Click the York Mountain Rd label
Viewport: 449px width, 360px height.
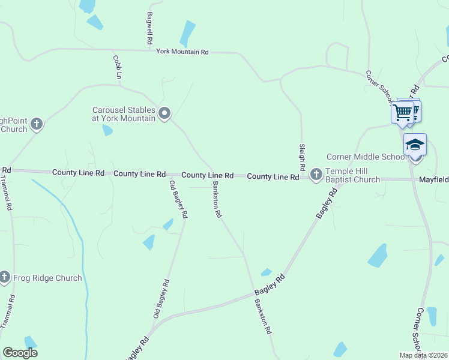pyautogui.click(x=182, y=52)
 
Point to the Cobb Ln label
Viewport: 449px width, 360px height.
pyautogui.click(x=118, y=67)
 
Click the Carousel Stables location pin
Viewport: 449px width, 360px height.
pyautogui.click(x=164, y=112)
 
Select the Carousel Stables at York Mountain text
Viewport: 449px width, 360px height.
pyautogui.click(x=124, y=114)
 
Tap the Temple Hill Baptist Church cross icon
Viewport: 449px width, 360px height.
pyautogui.click(x=316, y=175)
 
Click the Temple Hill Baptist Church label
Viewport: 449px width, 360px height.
pyautogui.click(x=353, y=175)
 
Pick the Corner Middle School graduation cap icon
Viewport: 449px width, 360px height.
pyautogui.click(x=415, y=145)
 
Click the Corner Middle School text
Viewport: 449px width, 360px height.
pyautogui.click(x=366, y=157)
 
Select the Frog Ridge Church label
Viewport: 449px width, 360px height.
pyautogui.click(x=47, y=278)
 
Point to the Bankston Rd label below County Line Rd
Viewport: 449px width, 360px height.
pyautogui.click(x=217, y=200)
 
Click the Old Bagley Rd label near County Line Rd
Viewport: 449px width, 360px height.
pyautogui.click(x=179, y=199)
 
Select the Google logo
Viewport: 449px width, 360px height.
pyautogui.click(x=20, y=353)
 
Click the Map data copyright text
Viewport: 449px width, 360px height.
pyautogui.click(x=423, y=355)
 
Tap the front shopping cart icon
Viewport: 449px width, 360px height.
pyautogui.click(x=403, y=112)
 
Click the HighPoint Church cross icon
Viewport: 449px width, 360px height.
pyautogui.click(x=37, y=124)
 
